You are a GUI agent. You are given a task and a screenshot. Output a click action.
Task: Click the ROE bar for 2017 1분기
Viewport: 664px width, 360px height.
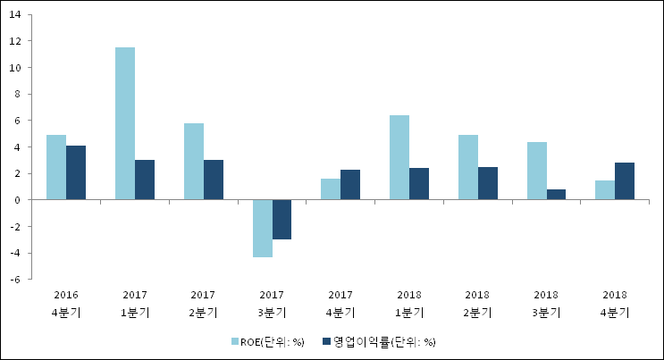click(x=125, y=123)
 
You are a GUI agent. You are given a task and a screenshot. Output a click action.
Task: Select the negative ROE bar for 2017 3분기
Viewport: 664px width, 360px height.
click(x=262, y=229)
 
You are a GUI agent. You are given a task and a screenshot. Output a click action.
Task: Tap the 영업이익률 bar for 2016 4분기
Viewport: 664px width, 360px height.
click(x=76, y=172)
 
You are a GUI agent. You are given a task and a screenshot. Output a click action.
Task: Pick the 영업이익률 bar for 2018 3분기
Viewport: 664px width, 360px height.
click(x=556, y=195)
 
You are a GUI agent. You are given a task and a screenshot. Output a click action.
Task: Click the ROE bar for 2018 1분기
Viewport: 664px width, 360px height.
click(x=399, y=157)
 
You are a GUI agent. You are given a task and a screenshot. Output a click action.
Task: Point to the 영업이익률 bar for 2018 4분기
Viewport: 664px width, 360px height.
click(x=625, y=181)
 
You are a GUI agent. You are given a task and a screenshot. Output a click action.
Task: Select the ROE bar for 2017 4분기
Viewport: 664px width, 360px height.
click(x=331, y=189)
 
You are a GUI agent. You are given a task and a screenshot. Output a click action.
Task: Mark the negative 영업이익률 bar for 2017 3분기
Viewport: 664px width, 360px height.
click(x=282, y=220)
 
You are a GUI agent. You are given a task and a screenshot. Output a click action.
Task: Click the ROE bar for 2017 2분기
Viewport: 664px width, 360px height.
click(x=194, y=162)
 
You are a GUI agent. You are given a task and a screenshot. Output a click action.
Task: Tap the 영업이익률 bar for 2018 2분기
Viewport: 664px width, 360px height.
click(x=488, y=183)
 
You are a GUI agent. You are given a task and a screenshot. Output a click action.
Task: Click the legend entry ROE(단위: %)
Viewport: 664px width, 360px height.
click(x=267, y=341)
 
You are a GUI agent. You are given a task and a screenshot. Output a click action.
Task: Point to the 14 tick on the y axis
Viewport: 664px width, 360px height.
click(x=15, y=14)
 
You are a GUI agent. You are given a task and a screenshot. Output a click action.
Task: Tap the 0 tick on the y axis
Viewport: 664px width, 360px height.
click(x=18, y=200)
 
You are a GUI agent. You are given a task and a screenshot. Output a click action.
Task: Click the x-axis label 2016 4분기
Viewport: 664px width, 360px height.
click(x=65, y=304)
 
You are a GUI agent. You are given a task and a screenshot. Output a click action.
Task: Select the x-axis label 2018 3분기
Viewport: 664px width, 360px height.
click(x=546, y=304)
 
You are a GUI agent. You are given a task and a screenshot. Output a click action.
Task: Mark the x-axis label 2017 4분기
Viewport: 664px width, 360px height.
click(x=340, y=304)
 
